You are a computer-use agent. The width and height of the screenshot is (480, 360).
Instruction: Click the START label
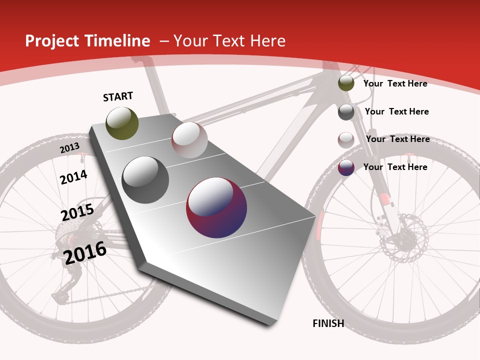point(118,96)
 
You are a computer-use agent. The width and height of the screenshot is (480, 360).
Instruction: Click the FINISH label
point(328,323)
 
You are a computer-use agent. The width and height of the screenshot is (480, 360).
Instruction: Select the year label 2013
point(69,148)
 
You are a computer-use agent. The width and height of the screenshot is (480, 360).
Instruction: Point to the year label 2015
point(77,212)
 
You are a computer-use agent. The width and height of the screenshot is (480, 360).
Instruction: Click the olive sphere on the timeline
point(122,123)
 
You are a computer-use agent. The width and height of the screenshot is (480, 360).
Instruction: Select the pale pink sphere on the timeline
point(189,140)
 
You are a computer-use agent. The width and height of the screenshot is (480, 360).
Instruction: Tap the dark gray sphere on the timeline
point(145,180)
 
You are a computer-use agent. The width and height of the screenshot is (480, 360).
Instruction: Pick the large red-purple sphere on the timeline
point(216,207)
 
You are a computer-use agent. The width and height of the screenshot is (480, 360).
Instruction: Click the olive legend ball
point(346,83)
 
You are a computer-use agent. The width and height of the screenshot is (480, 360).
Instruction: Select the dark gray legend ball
point(346,112)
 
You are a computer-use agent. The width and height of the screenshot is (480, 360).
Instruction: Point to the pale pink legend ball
point(346,140)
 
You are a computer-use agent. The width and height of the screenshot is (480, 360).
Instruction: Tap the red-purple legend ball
point(346,167)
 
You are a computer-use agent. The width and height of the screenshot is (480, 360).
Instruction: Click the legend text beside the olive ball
point(395,83)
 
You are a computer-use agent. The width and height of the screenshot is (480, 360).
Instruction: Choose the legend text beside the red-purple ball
point(395,167)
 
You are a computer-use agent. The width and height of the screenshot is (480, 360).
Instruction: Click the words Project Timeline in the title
point(87,41)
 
